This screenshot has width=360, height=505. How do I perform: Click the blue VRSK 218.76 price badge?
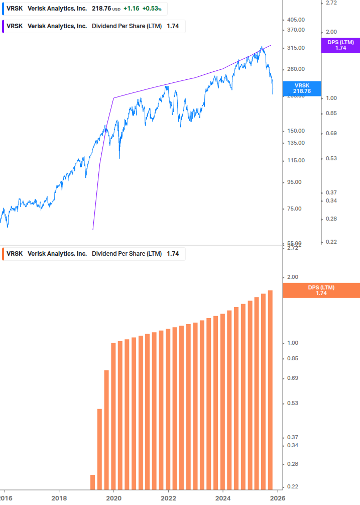(302, 88)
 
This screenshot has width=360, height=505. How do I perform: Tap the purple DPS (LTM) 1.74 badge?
(340, 45)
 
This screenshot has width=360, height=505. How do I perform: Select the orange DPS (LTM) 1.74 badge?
(321, 290)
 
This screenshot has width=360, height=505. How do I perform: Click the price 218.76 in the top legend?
(101, 9)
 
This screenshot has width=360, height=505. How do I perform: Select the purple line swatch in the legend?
(4, 26)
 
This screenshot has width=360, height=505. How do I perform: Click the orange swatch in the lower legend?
(4, 254)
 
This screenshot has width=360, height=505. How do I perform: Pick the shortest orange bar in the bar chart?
(92, 482)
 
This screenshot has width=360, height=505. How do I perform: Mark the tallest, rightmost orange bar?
(270, 390)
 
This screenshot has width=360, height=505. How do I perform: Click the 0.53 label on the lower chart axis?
(292, 403)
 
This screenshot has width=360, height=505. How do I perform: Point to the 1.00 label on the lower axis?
(292, 343)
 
